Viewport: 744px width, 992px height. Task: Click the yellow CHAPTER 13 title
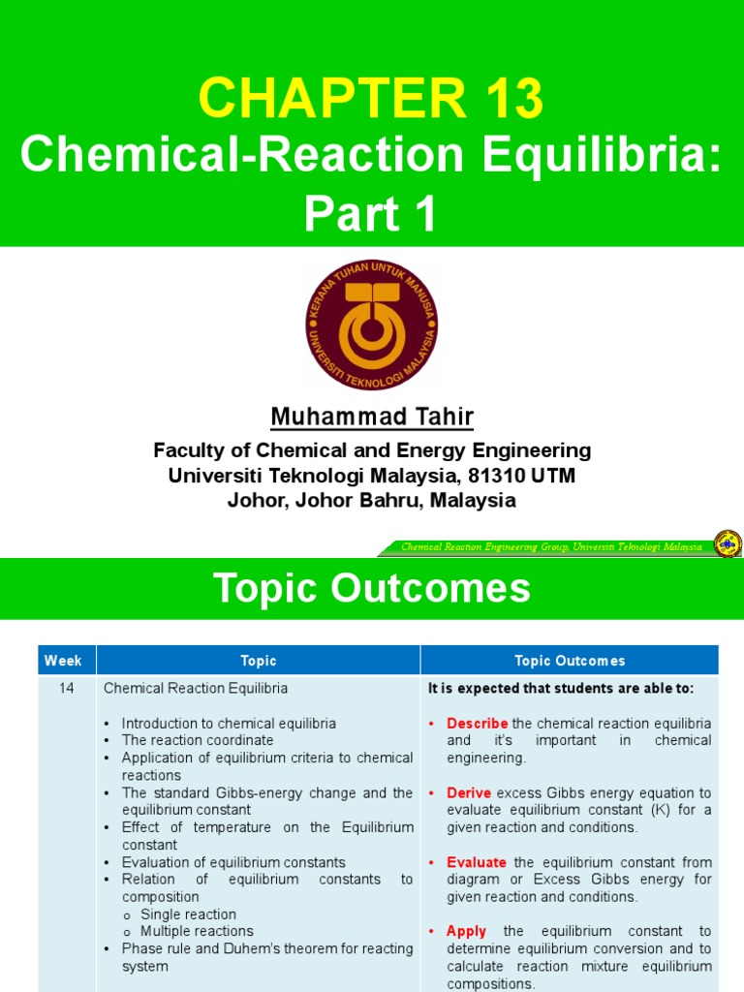tap(371, 99)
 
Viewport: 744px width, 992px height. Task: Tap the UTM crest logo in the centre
tap(371, 325)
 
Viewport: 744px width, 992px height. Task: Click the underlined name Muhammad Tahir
tap(372, 418)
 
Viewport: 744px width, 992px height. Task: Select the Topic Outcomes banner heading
tap(372, 588)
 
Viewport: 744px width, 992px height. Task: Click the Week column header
tap(64, 661)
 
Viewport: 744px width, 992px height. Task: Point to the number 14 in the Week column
tap(64, 689)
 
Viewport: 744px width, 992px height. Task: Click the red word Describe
tap(477, 724)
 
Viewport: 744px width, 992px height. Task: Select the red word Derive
tap(469, 793)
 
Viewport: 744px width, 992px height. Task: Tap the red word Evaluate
tap(476, 862)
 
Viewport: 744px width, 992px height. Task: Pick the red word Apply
tap(466, 932)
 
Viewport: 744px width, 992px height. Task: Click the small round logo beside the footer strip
tap(727, 545)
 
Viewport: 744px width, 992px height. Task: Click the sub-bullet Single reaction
tap(188, 914)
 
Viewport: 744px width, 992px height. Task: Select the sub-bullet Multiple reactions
tap(197, 932)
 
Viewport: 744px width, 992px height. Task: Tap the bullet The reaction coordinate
tap(198, 740)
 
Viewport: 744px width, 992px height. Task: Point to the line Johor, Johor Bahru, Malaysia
tap(372, 501)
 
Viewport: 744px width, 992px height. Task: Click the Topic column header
tap(258, 661)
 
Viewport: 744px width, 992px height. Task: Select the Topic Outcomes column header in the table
tap(570, 661)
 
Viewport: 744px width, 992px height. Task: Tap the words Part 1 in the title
tap(371, 215)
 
